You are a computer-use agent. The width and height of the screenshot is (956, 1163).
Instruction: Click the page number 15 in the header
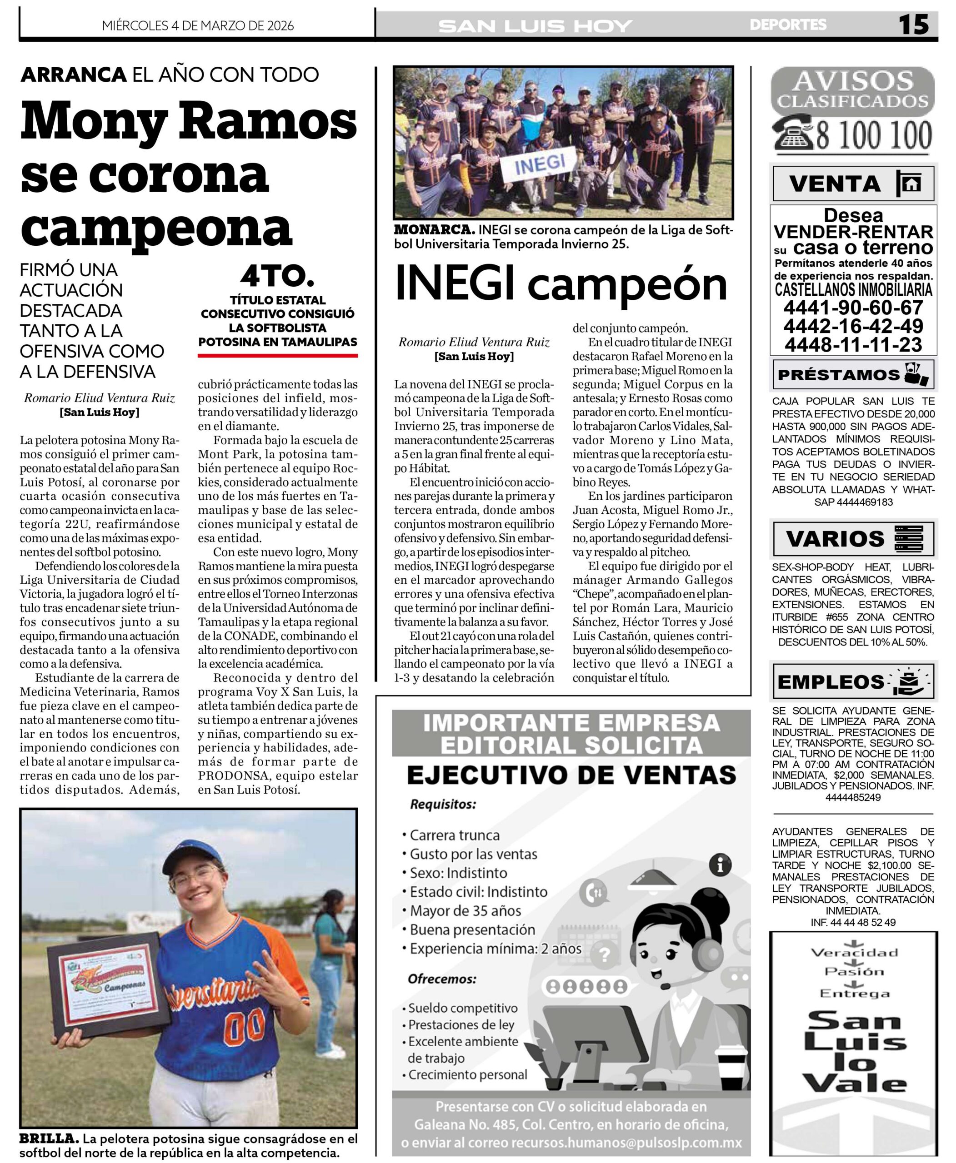914,25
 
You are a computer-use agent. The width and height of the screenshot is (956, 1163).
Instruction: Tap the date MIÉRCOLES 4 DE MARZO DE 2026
198,26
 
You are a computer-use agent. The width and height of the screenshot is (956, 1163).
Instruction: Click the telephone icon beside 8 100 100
793,134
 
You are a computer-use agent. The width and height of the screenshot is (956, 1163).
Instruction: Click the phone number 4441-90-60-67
853,307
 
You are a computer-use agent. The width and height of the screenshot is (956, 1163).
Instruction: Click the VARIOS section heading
834,539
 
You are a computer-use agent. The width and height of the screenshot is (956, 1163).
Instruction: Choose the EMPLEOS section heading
831,682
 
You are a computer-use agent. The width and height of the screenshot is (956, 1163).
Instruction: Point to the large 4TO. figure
277,277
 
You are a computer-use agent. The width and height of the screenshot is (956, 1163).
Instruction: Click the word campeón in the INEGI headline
627,285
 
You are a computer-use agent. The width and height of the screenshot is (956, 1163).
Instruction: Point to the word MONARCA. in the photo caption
434,230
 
